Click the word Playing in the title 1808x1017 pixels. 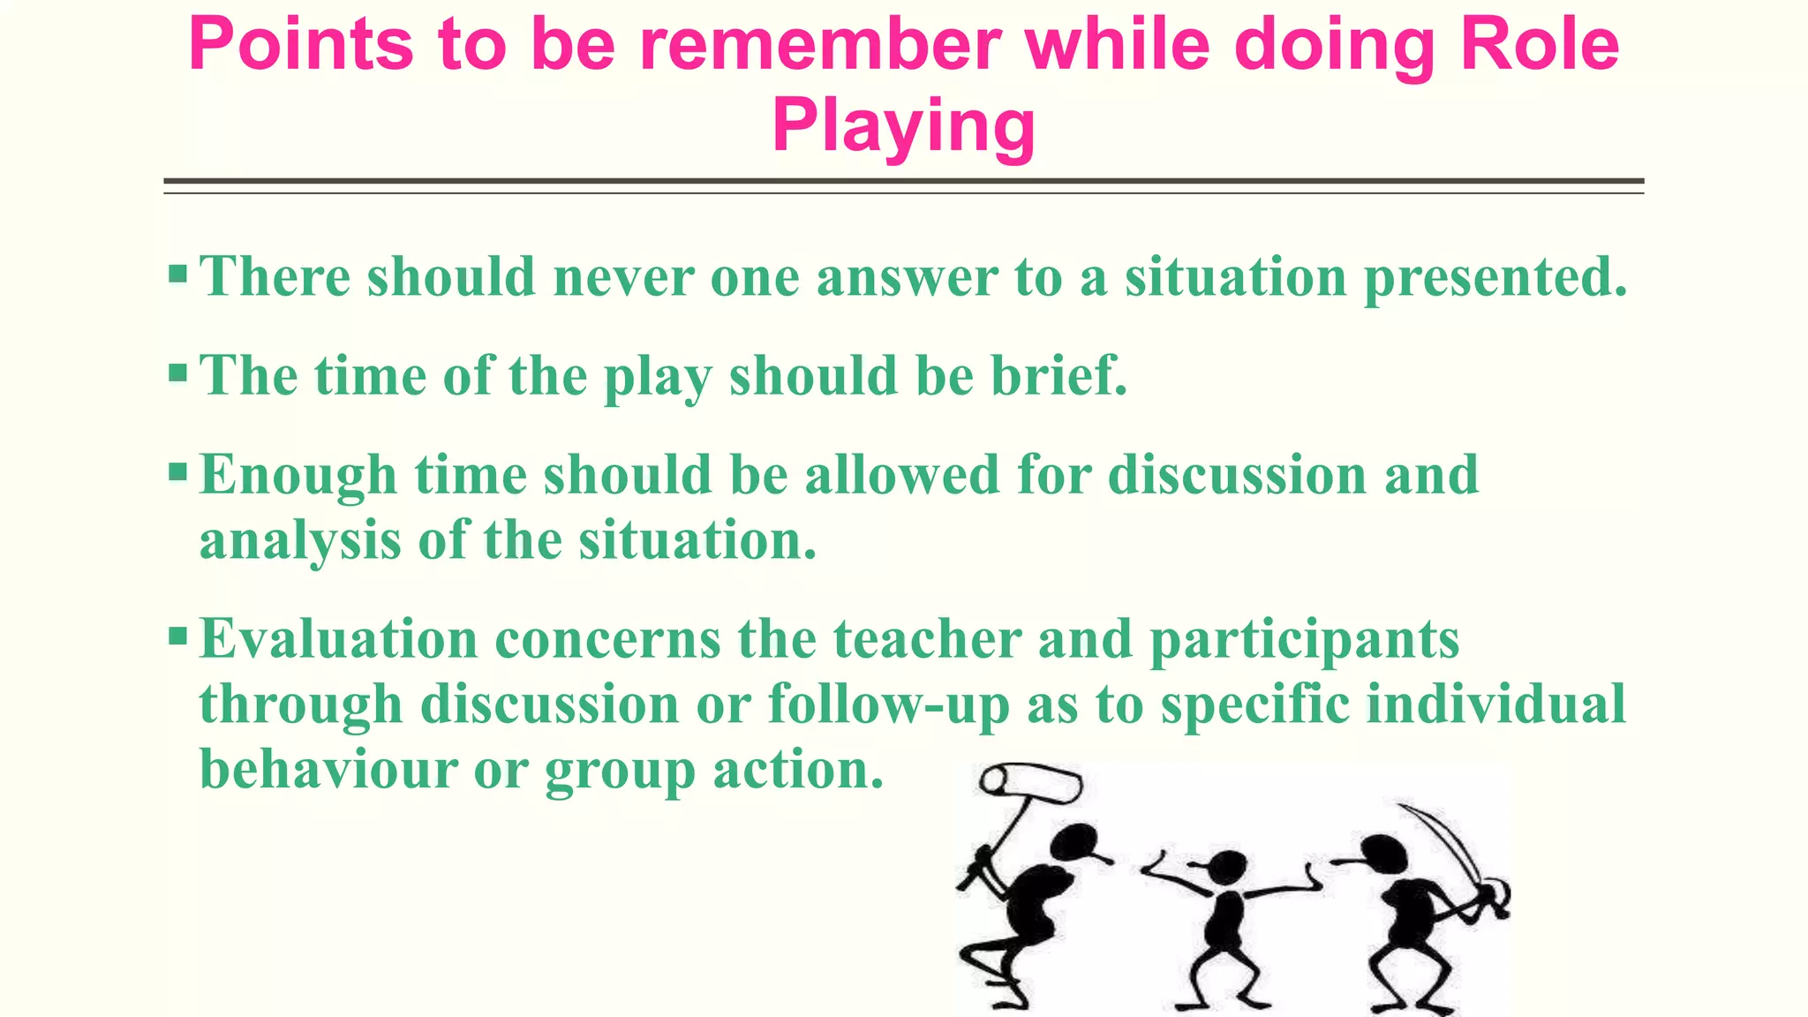click(x=903, y=127)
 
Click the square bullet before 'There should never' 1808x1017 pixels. click(x=177, y=274)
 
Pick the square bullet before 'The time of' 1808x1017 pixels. click(x=177, y=373)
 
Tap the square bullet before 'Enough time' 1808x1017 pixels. click(x=177, y=472)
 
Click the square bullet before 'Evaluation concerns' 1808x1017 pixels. click(x=177, y=636)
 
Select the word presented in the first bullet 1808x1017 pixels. click(x=1495, y=278)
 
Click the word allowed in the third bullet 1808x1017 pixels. click(x=901, y=475)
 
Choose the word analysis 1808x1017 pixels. click(x=300, y=541)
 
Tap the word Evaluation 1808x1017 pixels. click(x=338, y=639)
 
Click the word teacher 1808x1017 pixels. click(x=927, y=639)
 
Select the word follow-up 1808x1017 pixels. click(x=888, y=705)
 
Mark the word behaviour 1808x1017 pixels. click(x=328, y=770)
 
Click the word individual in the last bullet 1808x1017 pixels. click(x=1495, y=704)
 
